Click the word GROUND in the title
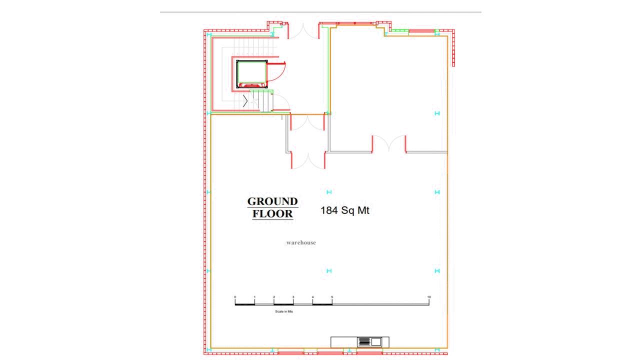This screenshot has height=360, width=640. tap(272, 201)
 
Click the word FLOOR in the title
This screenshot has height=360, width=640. tap(272, 213)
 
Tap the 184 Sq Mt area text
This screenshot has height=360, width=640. tap(345, 210)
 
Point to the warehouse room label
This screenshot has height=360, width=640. tap(301, 242)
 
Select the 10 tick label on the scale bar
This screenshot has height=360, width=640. tap(429, 297)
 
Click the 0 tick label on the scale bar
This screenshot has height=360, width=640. tap(235, 297)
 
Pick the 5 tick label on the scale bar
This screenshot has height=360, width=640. tap(332, 297)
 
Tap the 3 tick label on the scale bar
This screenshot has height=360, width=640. tap(293, 297)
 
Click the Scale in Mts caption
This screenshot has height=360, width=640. tap(284, 311)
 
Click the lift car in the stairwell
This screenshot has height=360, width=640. tap(251, 74)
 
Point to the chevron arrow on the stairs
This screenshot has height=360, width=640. tap(245, 101)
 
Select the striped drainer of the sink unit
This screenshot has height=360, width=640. tap(364, 341)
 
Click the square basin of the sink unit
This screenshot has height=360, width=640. tap(376, 341)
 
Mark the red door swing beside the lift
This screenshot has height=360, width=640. tap(276, 72)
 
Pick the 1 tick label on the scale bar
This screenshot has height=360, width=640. tap(254, 297)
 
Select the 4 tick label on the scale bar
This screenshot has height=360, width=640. tap(312, 297)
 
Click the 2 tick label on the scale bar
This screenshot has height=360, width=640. tap(273, 297)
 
